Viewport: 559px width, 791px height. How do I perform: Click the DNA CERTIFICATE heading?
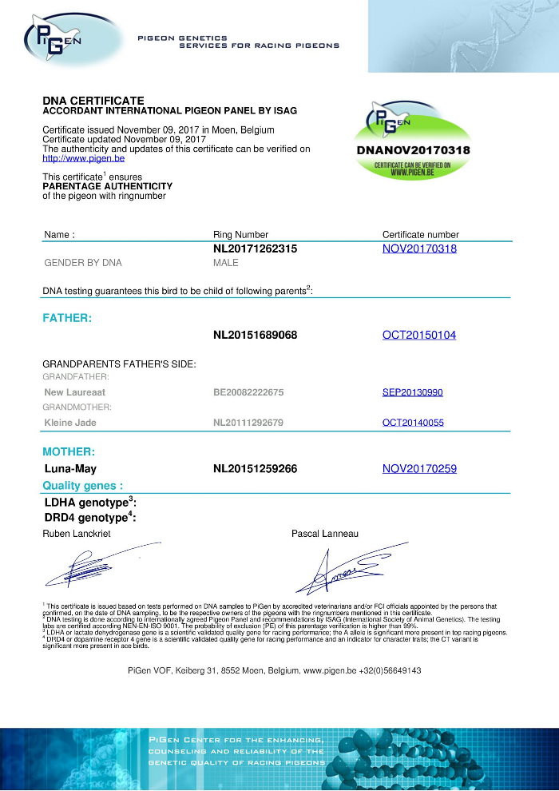pyautogui.click(x=93, y=101)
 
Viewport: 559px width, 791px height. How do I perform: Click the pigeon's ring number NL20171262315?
pyautogui.click(x=256, y=248)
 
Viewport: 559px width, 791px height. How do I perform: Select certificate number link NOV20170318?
pyautogui.click(x=419, y=248)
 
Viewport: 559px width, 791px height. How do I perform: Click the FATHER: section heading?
pyautogui.click(x=67, y=318)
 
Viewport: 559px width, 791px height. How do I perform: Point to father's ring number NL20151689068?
pyautogui.click(x=256, y=335)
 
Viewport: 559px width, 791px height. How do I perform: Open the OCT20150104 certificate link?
pyautogui.click(x=419, y=335)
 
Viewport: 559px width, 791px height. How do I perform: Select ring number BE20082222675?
pyautogui.click(x=248, y=392)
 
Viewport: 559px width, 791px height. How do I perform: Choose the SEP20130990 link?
pyautogui.click(x=413, y=392)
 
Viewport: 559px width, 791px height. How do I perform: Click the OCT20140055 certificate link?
pyautogui.click(x=413, y=422)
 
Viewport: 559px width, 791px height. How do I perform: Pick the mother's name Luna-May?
pyautogui.click(x=70, y=468)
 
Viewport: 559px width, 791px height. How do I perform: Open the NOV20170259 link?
pyautogui.click(x=419, y=468)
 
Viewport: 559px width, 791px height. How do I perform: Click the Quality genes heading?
pyautogui.click(x=83, y=485)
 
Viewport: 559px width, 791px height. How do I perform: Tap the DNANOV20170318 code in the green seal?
pyautogui.click(x=412, y=150)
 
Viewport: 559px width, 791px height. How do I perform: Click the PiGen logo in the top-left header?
pyautogui.click(x=56, y=38)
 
